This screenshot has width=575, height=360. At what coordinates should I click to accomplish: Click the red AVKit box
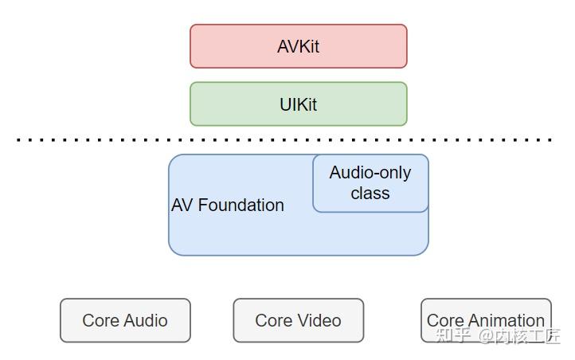298,46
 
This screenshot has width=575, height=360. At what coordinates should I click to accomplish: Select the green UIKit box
298,104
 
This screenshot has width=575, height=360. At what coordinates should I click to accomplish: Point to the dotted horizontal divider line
287,139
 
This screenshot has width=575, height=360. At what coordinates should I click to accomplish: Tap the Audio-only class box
370,183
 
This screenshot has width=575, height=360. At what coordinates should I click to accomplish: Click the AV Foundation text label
228,205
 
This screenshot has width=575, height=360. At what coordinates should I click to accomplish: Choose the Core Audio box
125,320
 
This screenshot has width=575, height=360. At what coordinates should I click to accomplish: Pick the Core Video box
298,320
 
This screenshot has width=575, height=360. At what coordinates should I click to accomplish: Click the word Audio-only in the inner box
370,173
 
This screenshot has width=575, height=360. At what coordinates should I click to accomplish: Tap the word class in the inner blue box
370,194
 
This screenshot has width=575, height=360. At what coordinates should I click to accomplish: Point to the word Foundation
241,205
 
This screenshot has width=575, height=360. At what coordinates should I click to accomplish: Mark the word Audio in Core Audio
146,321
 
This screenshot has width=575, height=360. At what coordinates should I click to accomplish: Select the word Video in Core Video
319,321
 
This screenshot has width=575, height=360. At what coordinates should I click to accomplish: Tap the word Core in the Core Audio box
101,321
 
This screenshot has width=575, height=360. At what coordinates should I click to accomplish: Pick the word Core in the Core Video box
274,321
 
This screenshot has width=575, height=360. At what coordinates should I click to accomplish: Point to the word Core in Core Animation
445,320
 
